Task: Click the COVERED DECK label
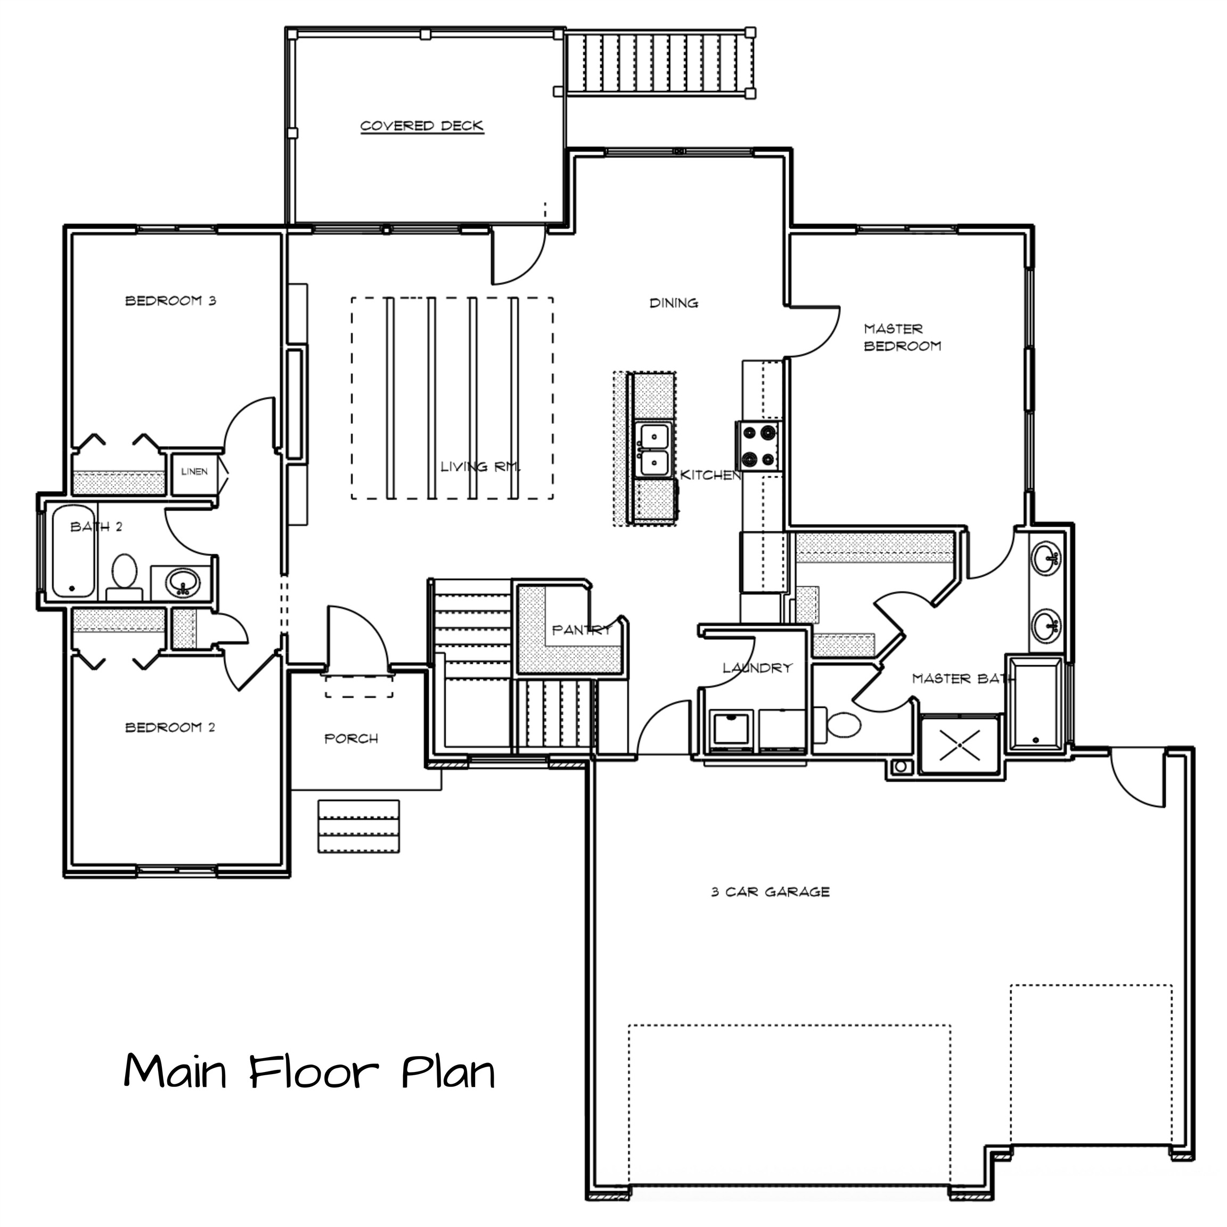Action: coord(422,126)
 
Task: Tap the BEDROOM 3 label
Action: coord(171,300)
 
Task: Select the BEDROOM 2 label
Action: coord(170,727)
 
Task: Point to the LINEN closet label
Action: coord(194,471)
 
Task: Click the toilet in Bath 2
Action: coord(125,577)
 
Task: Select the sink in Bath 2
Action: coord(183,583)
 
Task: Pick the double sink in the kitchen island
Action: coord(654,451)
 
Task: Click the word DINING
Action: coord(674,304)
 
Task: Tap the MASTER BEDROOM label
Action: coord(902,337)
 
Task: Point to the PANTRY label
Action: coord(581,630)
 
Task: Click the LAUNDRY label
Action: coord(758,668)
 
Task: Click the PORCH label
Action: coord(351,739)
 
